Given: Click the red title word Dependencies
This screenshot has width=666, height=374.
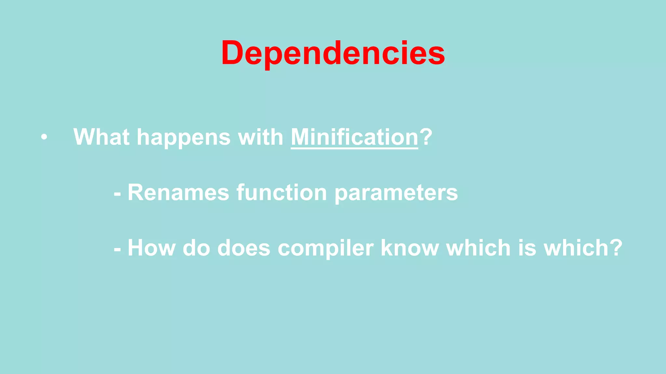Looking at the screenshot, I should tap(333, 53).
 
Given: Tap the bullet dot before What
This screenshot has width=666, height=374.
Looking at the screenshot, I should tap(44, 138).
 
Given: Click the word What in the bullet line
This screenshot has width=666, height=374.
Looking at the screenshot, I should tap(101, 137).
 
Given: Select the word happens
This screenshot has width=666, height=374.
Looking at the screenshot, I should tap(184, 138).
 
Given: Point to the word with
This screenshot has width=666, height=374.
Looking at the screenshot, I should tap(260, 137).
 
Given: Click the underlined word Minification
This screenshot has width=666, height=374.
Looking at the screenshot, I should tap(354, 137).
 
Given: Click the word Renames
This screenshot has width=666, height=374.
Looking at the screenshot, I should tap(178, 193).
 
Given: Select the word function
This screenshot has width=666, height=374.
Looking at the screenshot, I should tap(281, 193).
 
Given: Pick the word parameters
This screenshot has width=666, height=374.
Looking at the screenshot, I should tap(396, 193).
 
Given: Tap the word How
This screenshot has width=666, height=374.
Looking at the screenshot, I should tap(152, 248).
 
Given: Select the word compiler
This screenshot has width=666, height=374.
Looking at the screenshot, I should tap(326, 249).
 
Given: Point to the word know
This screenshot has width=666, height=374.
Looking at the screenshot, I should tap(410, 248).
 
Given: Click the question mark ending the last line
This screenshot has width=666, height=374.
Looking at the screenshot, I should tap(616, 248).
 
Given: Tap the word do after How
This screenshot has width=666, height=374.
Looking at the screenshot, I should tap(196, 248).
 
